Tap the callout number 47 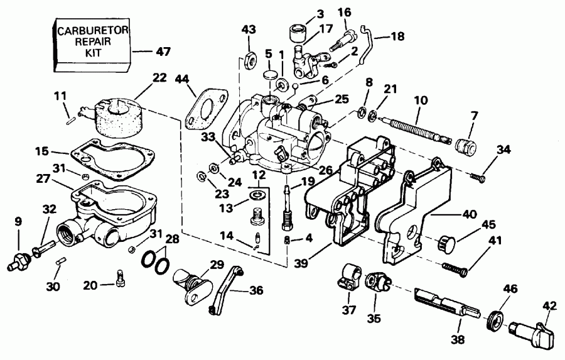pyautogui.click(x=162, y=50)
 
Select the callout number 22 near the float pyautogui.click(x=159, y=78)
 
